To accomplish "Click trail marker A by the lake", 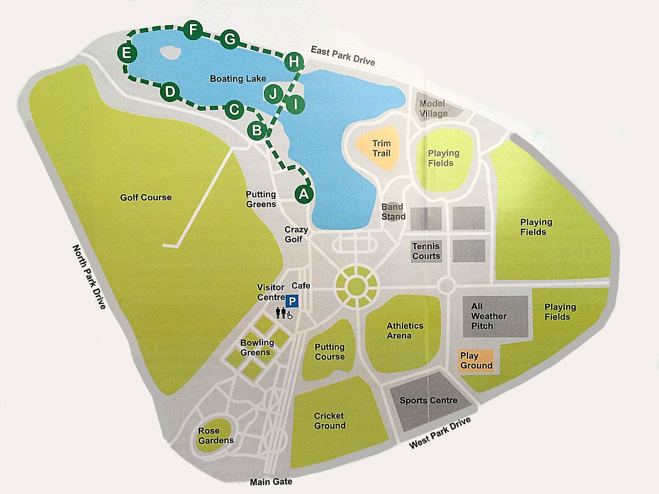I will (304, 194).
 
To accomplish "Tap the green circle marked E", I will (127, 53).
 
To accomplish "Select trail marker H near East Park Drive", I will (294, 61).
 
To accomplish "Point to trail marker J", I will (273, 94).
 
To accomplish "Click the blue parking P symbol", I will (292, 301).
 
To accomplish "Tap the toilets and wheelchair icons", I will (284, 313).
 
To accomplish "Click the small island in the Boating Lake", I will (170, 52).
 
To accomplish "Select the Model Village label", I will (433, 108).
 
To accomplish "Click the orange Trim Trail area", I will (378, 148).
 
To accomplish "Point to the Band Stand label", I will (393, 212).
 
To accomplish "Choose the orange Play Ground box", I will (476, 361).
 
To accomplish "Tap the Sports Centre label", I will (428, 401).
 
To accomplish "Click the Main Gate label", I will (271, 482).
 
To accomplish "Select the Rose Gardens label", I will (215, 436).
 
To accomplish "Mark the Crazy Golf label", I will (296, 234).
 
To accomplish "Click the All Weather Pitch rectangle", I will (496, 317).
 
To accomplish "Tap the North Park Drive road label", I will (89, 277).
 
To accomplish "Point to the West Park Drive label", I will (439, 433).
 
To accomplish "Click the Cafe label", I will (301, 286).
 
